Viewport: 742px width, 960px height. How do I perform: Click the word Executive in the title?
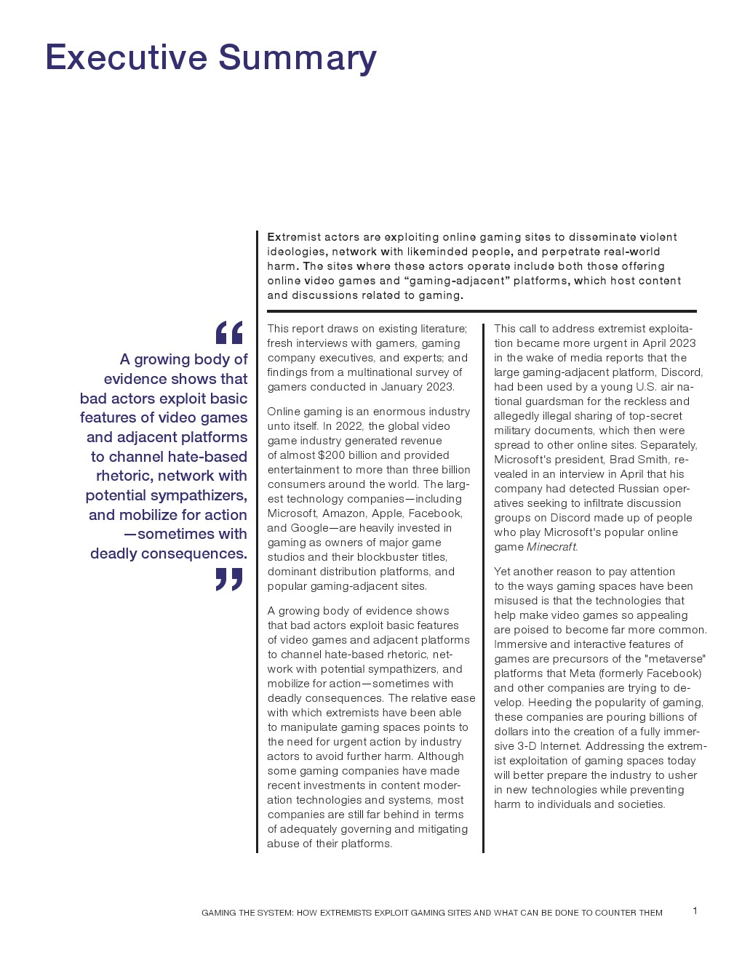[x=127, y=57]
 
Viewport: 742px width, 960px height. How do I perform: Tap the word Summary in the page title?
[x=298, y=57]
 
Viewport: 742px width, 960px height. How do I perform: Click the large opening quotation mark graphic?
[x=229, y=333]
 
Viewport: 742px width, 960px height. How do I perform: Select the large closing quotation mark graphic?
[x=229, y=580]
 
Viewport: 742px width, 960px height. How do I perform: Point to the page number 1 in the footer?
[x=695, y=911]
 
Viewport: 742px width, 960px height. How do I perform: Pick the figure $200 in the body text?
[x=332, y=455]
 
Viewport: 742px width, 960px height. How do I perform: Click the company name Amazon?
[x=343, y=513]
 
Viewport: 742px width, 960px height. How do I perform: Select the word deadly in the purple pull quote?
[x=116, y=553]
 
